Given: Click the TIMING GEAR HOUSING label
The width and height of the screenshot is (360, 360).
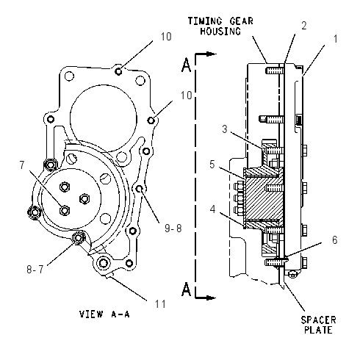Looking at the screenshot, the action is (220, 26).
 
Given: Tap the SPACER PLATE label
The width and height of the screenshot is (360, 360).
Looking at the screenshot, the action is (318, 325).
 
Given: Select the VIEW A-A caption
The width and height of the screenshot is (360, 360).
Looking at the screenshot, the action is (104, 314).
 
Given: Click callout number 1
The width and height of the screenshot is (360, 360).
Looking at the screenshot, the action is (335, 39).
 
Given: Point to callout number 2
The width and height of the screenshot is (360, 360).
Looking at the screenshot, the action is (304, 26).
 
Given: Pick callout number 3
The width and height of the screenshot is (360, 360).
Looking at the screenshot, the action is (225, 129).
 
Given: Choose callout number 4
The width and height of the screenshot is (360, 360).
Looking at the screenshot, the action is (213, 209).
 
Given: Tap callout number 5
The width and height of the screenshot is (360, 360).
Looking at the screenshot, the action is (212, 165).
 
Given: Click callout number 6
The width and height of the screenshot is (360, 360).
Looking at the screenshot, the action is (334, 240).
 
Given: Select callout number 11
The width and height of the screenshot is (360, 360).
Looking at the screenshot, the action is (160, 304).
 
